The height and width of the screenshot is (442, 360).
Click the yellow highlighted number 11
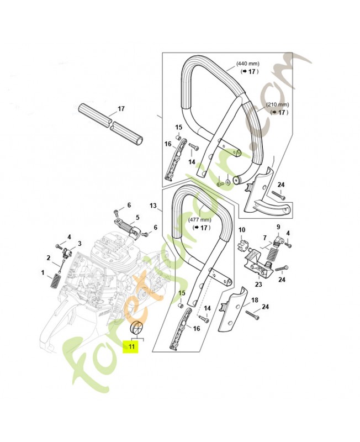pos(131,346)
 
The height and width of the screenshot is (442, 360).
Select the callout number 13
pos(153,206)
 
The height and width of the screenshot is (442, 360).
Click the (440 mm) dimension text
pos(248,64)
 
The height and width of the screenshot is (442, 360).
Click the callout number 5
pos(137,217)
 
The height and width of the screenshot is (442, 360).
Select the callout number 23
pos(258,285)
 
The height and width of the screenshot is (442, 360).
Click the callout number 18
pos(255,300)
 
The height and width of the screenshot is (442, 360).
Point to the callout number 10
pos(242,230)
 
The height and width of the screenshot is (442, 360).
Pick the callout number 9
pos(278,227)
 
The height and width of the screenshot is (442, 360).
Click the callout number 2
pos(49,257)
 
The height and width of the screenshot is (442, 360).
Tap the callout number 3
pos(80,243)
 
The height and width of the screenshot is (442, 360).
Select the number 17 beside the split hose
pos(121,108)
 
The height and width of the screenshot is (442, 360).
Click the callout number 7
pos(265,238)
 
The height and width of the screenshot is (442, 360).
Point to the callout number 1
pos(43,272)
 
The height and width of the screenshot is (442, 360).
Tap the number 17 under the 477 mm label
pos(204,228)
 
